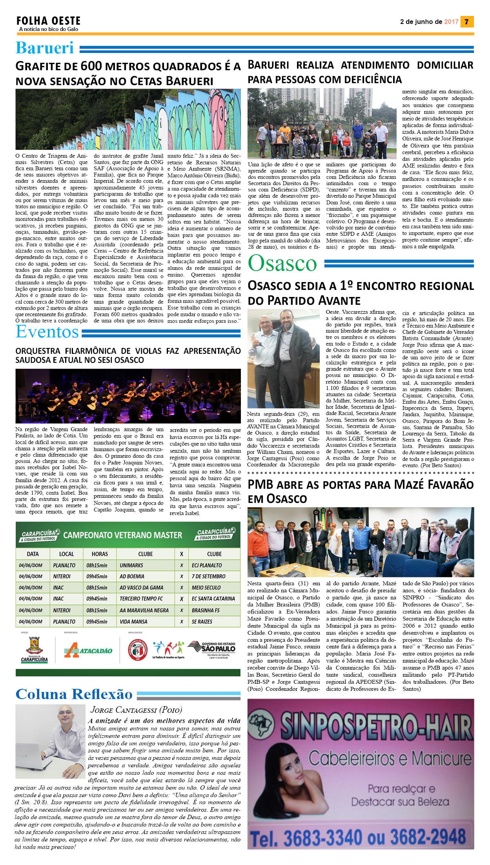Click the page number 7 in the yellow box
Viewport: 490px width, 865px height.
[466, 22]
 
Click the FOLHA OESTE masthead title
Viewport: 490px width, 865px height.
[48, 21]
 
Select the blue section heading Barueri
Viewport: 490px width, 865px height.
[45, 48]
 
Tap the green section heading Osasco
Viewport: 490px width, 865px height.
[282, 263]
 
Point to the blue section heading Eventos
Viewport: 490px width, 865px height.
[47, 332]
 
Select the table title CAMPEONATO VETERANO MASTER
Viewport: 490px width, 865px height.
[122, 535]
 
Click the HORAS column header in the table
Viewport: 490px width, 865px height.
[100, 554]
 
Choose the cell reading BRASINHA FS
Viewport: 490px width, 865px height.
[206, 610]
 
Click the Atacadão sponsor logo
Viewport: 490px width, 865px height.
[88, 650]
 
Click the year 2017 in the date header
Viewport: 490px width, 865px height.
[451, 22]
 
